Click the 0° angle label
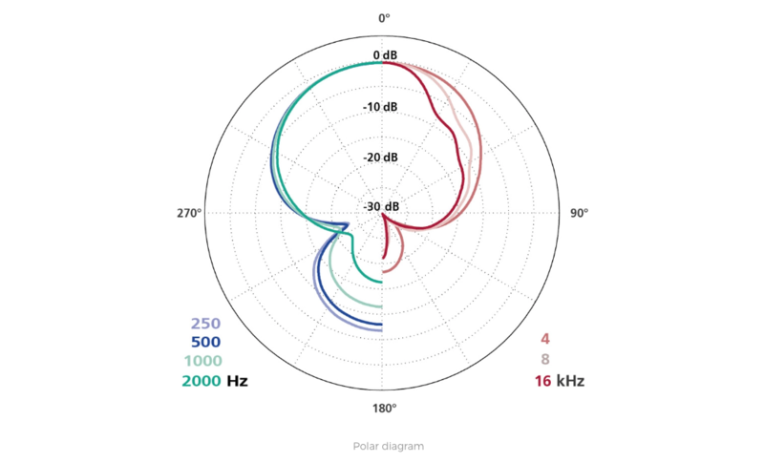(x=383, y=18)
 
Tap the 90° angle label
(x=579, y=213)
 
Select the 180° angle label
(x=383, y=409)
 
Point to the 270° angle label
(x=188, y=213)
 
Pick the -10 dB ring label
(x=380, y=107)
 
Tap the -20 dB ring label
(x=380, y=158)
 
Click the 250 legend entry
(x=205, y=324)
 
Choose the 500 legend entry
(x=205, y=343)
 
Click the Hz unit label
(x=237, y=382)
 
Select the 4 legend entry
(x=544, y=338)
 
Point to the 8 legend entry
(x=544, y=360)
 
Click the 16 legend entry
(x=541, y=382)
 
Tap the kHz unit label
(x=569, y=382)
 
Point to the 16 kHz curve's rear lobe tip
(x=383, y=258)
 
